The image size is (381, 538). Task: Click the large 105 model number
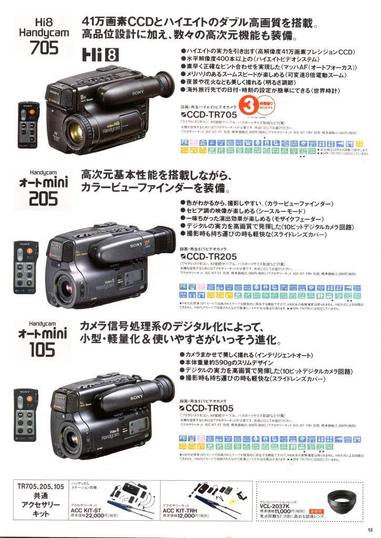tap(36, 349)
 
